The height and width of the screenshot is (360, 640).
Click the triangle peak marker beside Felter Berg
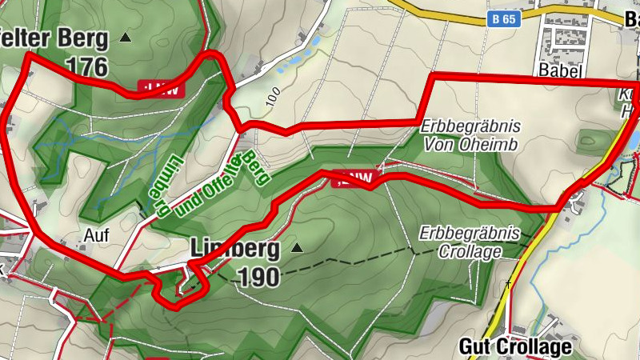(125, 37)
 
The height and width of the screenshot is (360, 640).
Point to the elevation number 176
(87, 66)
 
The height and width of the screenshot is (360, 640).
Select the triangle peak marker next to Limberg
(298, 249)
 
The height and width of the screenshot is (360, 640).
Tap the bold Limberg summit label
(234, 250)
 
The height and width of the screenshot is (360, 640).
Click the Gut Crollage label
(516, 346)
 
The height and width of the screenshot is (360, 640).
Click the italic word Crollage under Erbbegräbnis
(470, 252)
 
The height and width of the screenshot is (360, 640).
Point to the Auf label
(95, 236)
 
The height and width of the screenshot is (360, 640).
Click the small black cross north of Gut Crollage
(508, 283)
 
